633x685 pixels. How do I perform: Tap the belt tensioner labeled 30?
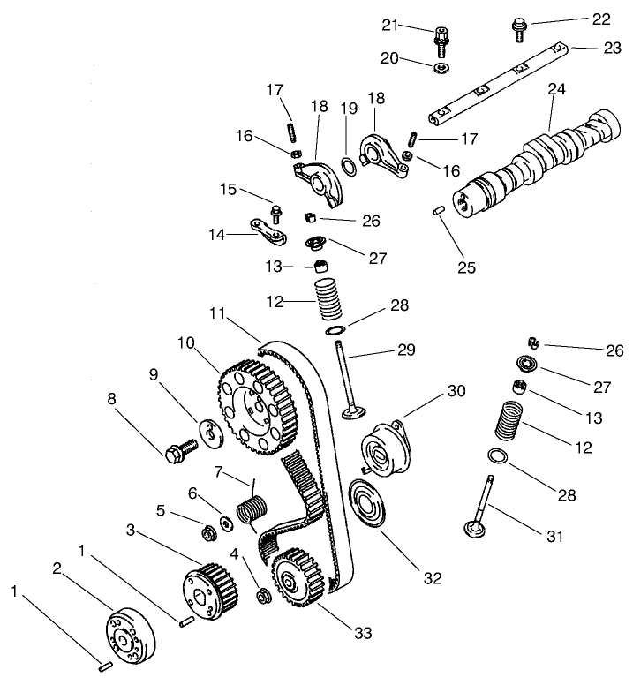(384, 448)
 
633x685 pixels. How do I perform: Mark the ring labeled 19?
(350, 165)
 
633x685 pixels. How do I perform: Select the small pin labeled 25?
(437, 209)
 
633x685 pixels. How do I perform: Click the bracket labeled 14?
(270, 231)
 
